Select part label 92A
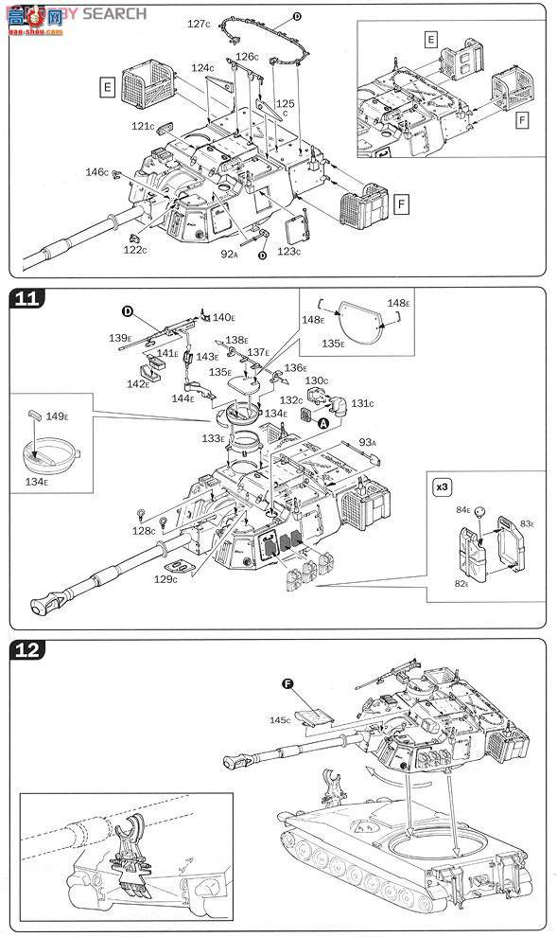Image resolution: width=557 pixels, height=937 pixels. (229, 254)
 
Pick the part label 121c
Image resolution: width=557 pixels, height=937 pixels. (142, 126)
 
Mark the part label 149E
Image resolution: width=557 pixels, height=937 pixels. (56, 415)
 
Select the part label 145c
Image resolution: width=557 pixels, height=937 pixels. (281, 720)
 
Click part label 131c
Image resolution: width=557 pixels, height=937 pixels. (361, 402)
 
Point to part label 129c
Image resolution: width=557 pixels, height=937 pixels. (166, 578)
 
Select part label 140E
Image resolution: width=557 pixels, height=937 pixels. (223, 317)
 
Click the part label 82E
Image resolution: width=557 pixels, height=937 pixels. (462, 584)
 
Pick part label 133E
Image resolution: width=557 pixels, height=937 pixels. (214, 438)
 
